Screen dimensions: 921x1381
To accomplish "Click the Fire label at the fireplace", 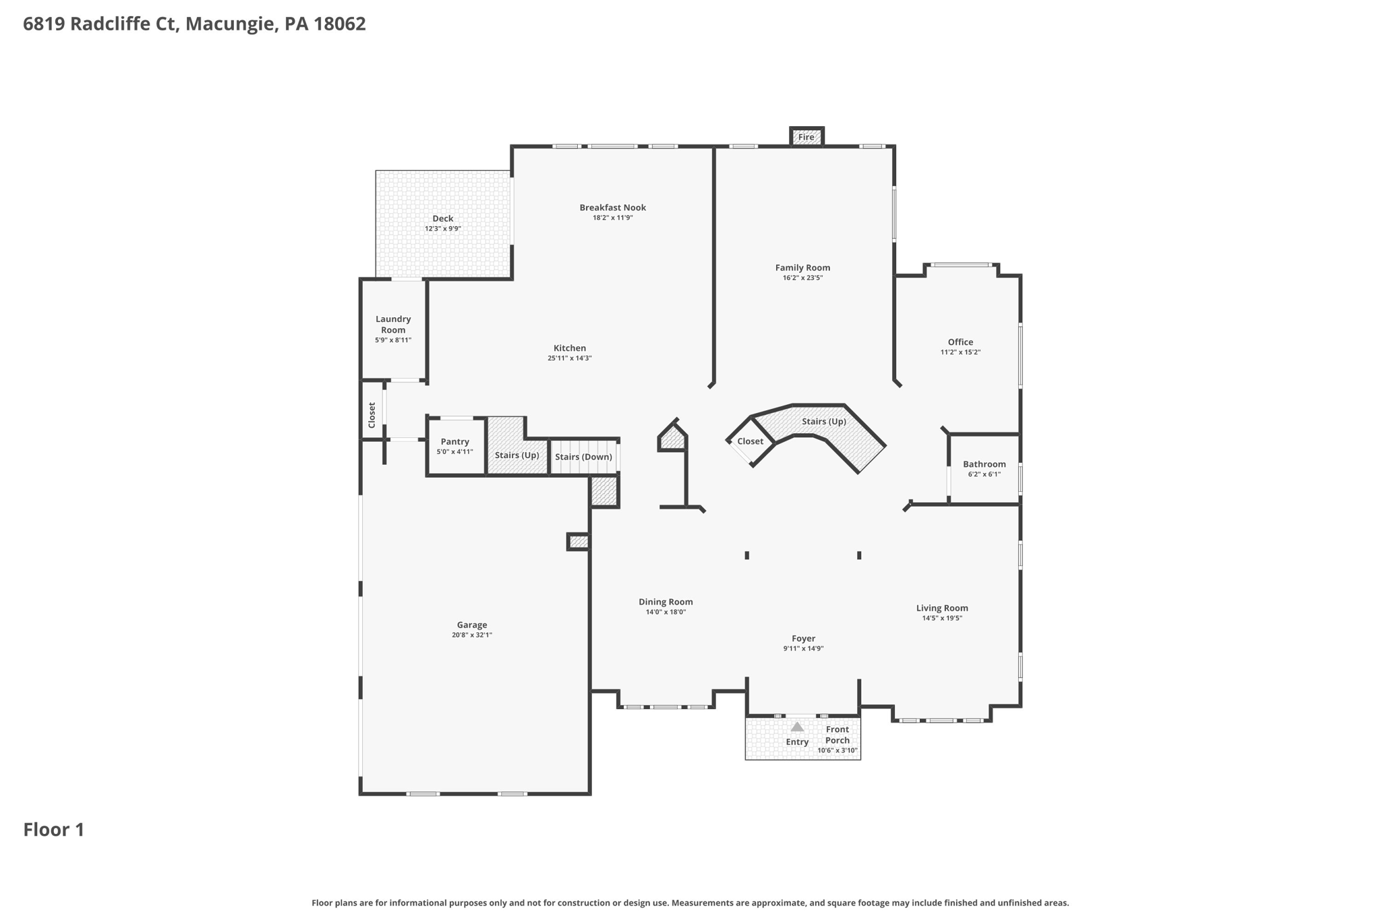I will tap(806, 137).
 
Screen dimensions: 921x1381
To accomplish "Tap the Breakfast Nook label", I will tap(612, 207).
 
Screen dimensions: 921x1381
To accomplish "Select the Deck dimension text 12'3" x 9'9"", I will tap(442, 229).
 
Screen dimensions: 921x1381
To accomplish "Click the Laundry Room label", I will tap(393, 325).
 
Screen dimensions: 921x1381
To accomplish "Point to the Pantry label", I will tap(454, 441).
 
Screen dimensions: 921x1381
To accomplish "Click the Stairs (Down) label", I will tap(583, 457).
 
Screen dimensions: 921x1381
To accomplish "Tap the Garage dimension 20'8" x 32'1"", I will tap(471, 635).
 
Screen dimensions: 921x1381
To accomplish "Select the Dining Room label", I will tap(666, 602).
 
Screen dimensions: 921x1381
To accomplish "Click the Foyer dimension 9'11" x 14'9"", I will tap(803, 648).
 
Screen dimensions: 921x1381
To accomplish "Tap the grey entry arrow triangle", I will tap(797, 727).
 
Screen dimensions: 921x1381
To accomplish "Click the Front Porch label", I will tap(837, 735).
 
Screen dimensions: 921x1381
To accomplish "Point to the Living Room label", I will tap(941, 608).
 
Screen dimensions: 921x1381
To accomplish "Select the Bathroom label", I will tap(984, 464).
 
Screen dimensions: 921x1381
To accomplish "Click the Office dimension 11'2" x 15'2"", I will tap(960, 352).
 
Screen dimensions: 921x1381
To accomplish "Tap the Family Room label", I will tap(802, 268).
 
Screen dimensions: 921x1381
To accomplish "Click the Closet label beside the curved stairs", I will tap(750, 441).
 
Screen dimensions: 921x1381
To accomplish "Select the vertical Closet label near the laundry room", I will tap(372, 415).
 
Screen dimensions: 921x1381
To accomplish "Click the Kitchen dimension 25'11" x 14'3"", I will tap(569, 358).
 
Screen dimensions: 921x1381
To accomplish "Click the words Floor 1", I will tap(54, 830).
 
